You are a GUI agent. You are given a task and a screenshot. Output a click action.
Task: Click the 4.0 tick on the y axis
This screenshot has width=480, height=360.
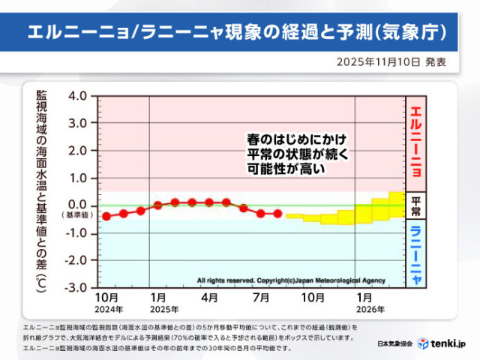point(78,96)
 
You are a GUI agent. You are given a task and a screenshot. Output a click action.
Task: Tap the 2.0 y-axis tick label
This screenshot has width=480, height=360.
point(78,151)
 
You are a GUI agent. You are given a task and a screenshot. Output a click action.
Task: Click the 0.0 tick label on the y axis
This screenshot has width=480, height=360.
point(78,205)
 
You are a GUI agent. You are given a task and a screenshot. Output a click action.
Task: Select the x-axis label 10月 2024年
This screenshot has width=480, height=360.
point(107,302)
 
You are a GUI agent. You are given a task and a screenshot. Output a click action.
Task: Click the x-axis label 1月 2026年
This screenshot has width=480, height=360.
point(364,302)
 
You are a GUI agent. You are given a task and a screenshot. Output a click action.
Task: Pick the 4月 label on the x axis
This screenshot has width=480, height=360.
point(211,298)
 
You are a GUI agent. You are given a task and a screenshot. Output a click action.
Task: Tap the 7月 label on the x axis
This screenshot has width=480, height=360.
point(262,298)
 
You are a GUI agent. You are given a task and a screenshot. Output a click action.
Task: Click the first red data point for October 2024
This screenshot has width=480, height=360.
point(106,217)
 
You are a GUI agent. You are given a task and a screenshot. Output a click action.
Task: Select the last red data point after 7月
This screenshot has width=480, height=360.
point(277,214)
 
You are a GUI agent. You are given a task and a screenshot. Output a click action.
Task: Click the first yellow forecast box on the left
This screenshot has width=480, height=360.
point(295,217)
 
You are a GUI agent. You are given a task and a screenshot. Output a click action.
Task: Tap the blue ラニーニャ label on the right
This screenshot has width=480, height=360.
point(415,254)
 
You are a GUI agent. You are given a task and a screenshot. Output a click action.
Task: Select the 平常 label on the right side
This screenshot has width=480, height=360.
point(415,206)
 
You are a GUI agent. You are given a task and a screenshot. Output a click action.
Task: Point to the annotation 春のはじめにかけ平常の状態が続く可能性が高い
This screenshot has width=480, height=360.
point(300,154)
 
